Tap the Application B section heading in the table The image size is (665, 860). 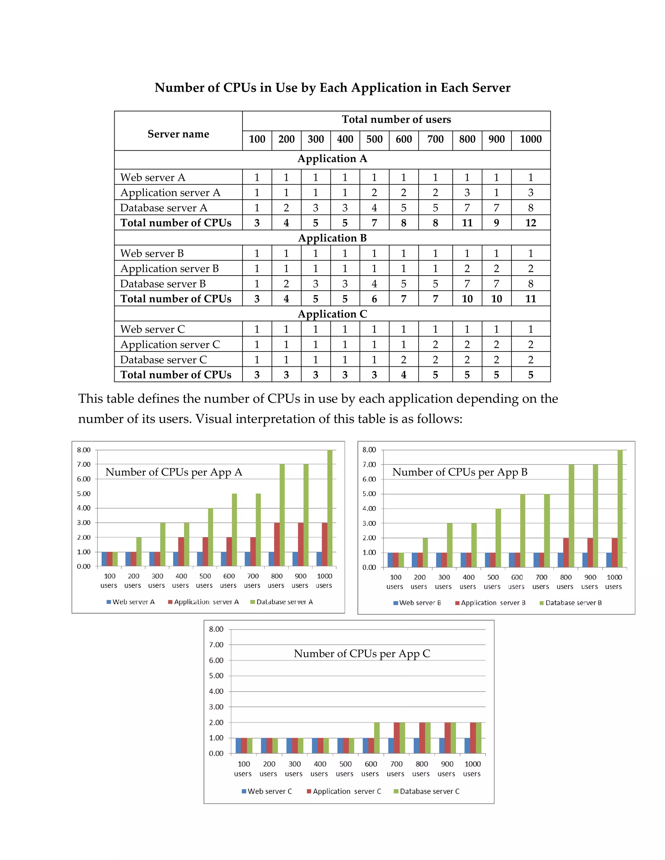pyautogui.click(x=332, y=238)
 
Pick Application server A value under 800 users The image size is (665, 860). pyautogui.click(x=467, y=192)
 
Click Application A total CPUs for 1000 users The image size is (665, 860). pyautogui.click(x=530, y=223)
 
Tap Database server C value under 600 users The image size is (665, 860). pyautogui.click(x=403, y=360)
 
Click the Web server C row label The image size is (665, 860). pyautogui.click(x=153, y=329)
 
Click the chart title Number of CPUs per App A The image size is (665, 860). pyautogui.click(x=174, y=472)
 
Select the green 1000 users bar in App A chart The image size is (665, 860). pyautogui.click(x=330, y=508)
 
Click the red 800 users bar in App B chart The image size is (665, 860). pyautogui.click(x=566, y=552)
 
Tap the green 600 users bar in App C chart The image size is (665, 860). pyautogui.click(x=377, y=738)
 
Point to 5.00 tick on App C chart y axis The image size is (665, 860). pyautogui.click(x=216, y=676)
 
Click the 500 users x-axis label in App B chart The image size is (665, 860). pyautogui.click(x=493, y=582)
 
